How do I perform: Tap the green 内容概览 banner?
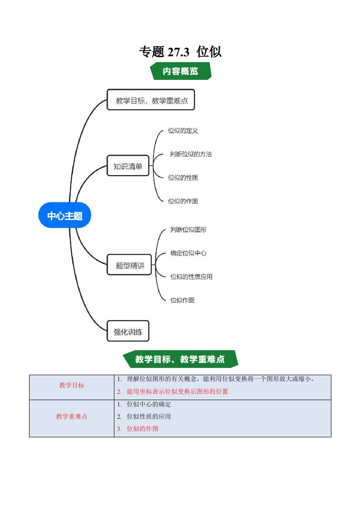point(181,71)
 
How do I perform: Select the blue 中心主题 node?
point(65,216)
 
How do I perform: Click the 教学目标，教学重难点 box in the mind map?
point(151,100)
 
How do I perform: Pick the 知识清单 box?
point(128,166)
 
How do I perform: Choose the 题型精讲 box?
point(130,265)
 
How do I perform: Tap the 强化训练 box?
point(128,332)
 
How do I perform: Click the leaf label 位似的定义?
point(183,131)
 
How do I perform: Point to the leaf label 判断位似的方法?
point(191,154)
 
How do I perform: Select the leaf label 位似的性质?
point(183,177)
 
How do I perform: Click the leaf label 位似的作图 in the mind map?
point(183,201)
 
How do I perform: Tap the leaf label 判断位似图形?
point(188,230)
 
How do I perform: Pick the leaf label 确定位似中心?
point(188,253)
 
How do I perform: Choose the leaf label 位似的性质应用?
point(191,276)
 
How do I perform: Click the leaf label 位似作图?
point(182,300)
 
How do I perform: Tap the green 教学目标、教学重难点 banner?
point(180,359)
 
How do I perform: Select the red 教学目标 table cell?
point(72,385)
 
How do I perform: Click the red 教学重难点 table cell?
point(72,416)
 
